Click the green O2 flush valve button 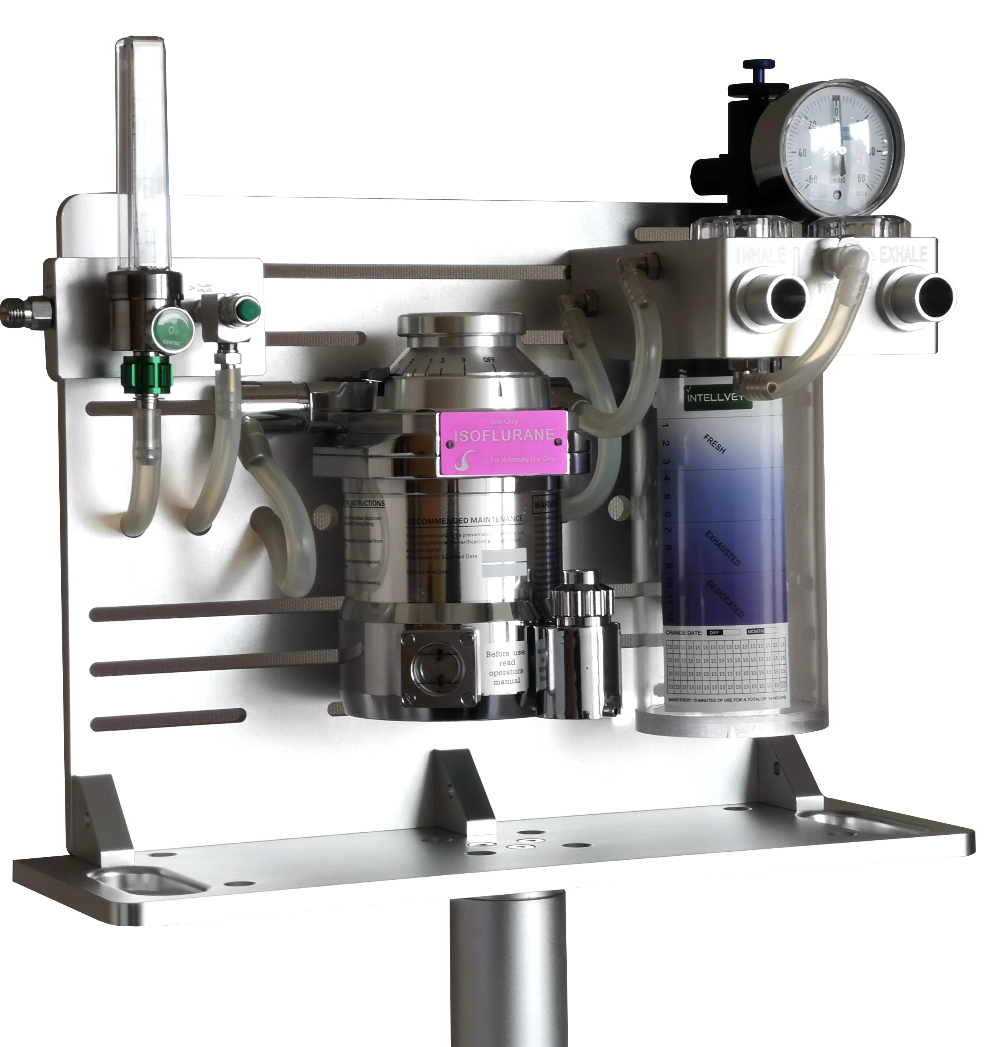(248, 308)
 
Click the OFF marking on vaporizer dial (489, 360)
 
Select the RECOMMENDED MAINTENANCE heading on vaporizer (465, 520)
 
